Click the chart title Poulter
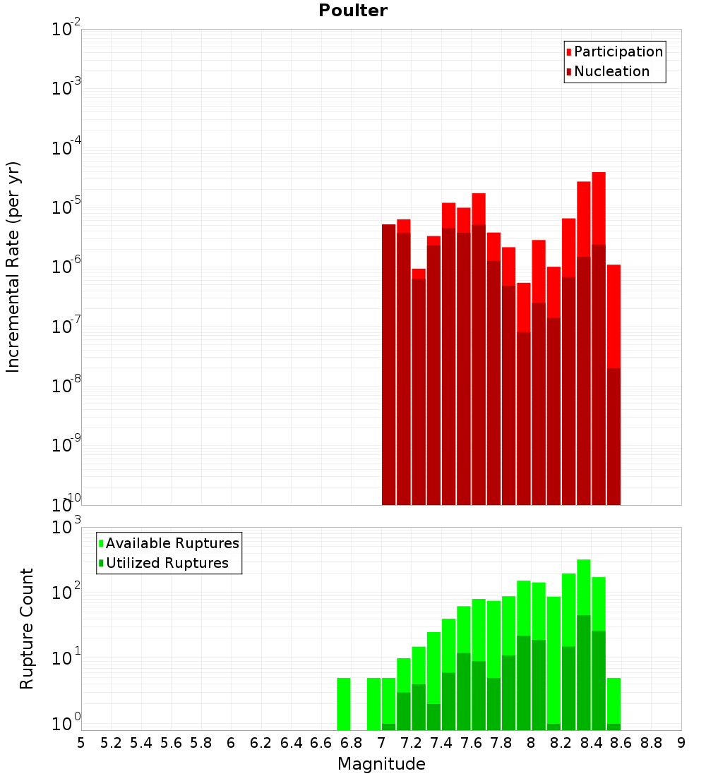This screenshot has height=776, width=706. tap(353, 11)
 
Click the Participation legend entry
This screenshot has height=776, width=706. tap(618, 51)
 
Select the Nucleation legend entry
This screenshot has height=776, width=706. tap(611, 71)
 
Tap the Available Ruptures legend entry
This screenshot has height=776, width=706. tap(172, 543)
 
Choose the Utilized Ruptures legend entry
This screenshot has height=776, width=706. tap(167, 563)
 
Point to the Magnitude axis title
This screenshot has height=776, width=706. tap(381, 764)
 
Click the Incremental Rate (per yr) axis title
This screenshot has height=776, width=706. tap(13, 267)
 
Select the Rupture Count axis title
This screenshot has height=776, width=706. tap(27, 628)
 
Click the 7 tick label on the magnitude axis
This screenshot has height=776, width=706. tap(381, 743)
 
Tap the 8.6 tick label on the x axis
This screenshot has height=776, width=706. tap(621, 743)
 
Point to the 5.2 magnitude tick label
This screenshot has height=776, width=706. tap(111, 743)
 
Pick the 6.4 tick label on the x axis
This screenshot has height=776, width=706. tap(291, 743)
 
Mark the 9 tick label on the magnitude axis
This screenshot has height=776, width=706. tap(681, 743)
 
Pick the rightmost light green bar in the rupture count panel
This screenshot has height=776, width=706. tap(614, 701)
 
